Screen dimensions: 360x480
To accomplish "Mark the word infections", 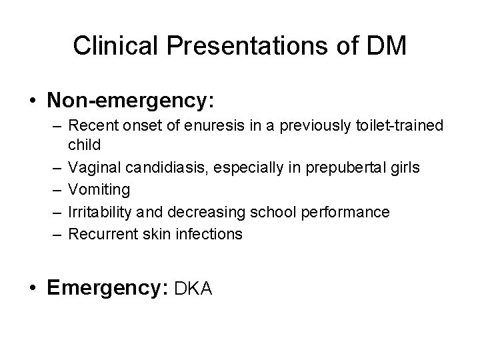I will click(214, 234).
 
